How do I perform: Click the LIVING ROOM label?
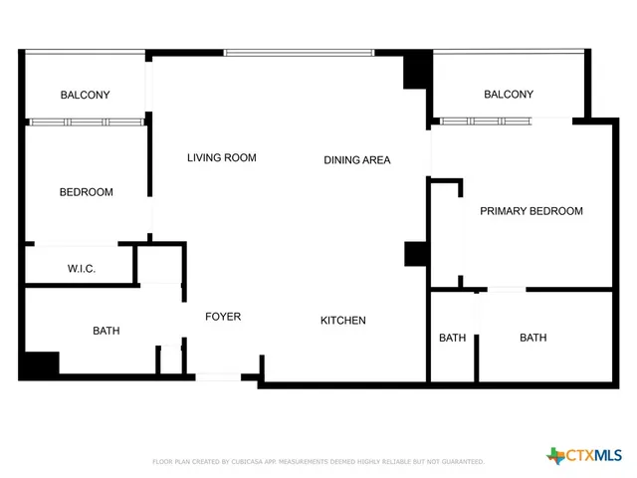222,157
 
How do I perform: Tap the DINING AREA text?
356,159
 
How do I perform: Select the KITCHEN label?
342,321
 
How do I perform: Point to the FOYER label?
223,317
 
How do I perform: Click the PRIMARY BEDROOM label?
531,211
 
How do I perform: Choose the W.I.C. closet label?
81,269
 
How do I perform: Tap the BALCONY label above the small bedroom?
85,95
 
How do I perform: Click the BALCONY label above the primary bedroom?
508,95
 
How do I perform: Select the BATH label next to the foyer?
106,331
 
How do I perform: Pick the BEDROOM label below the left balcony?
86,192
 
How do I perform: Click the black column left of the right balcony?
416,72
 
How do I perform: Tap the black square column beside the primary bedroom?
415,253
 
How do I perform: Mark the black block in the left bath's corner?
40,365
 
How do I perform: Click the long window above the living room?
299,52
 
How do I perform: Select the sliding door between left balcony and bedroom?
86,122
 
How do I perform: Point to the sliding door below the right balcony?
488,121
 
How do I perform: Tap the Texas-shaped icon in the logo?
555,456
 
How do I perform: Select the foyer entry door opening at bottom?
218,376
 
